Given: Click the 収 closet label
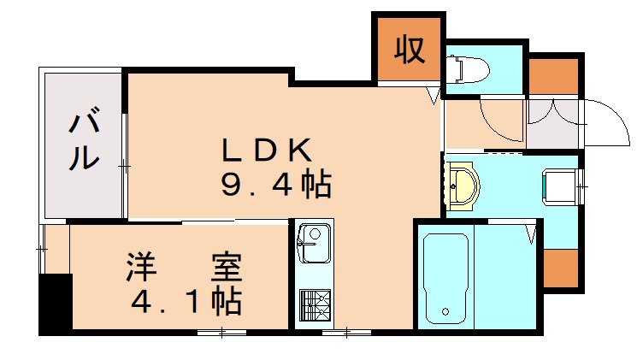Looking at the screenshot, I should click(409, 50).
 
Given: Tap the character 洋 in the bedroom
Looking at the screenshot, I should click(141, 268).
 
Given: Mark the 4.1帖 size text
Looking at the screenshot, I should click(184, 300).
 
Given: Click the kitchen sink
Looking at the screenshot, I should click(314, 244).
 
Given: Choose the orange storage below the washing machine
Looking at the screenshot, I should click(561, 269).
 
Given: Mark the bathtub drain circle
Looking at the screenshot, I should click(444, 310).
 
